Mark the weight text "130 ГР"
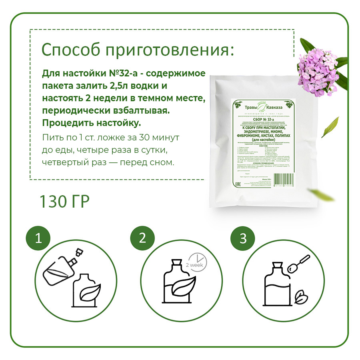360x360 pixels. tap(64, 202)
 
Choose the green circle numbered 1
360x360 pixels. tap(38, 239)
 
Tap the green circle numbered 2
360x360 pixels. tap(142, 239)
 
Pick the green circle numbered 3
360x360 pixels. tap(243, 239)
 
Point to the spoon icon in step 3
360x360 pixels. tap(301, 262)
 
